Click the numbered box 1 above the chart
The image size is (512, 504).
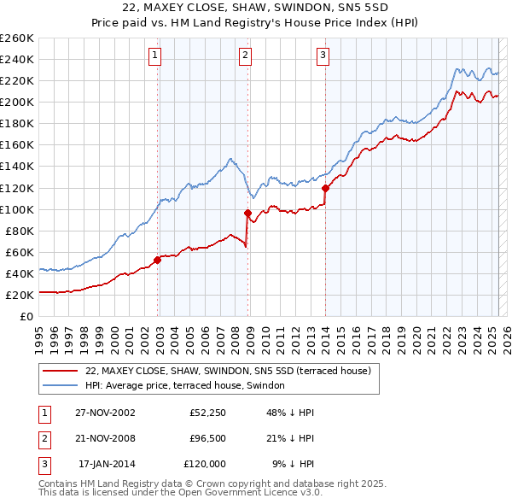[155, 56]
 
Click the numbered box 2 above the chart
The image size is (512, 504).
[245, 56]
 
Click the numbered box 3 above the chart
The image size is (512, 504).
[323, 56]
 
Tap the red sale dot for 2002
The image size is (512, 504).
[158, 260]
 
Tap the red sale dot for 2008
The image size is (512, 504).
[247, 213]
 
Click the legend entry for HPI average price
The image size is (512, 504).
[190, 386]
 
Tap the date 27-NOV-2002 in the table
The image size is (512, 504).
[105, 413]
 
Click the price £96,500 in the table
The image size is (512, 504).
[205, 438]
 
